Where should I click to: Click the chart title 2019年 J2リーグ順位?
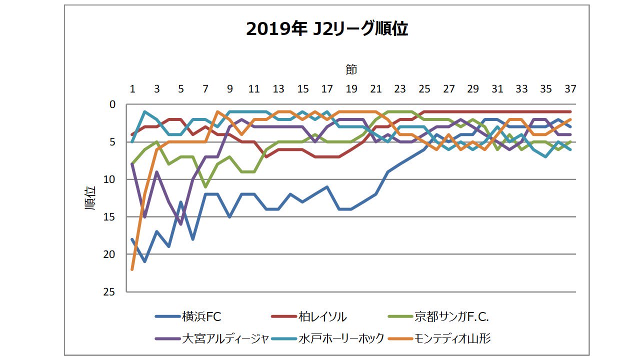pos(327,29)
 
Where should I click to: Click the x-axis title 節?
pos(351,69)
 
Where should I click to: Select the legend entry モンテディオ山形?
pos(452,338)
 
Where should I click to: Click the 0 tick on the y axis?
pos(112,104)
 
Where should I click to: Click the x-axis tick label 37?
pos(570,89)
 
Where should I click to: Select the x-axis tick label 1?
pos(132,89)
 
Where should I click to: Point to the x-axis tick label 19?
pos(351,89)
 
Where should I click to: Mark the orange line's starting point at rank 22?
pos(132,269)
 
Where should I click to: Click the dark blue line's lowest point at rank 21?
pos(144,261)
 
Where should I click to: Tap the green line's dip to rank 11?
pos(205,187)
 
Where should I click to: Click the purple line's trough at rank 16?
pos(181,224)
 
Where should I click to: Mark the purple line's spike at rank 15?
pos(144,216)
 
